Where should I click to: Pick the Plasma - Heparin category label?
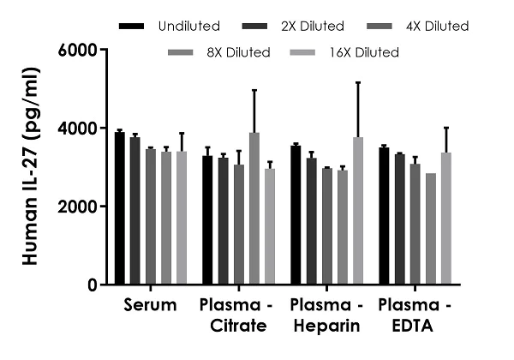point(326,315)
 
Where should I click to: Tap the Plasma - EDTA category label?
point(415,315)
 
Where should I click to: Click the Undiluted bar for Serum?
point(120,208)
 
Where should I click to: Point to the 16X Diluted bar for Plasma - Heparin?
point(358,211)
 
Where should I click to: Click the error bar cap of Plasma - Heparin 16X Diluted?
point(358,82)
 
